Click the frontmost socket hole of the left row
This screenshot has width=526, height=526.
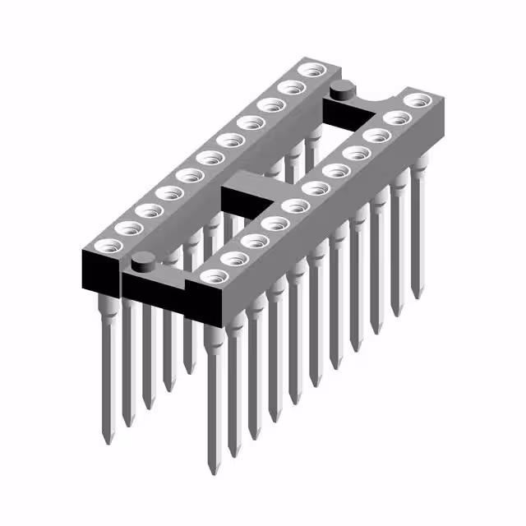pos(107,245)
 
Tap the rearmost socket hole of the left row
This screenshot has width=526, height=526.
pos(310,70)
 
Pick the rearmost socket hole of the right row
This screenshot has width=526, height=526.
pos(418,99)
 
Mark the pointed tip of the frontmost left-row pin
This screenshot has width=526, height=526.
pos(107,441)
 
